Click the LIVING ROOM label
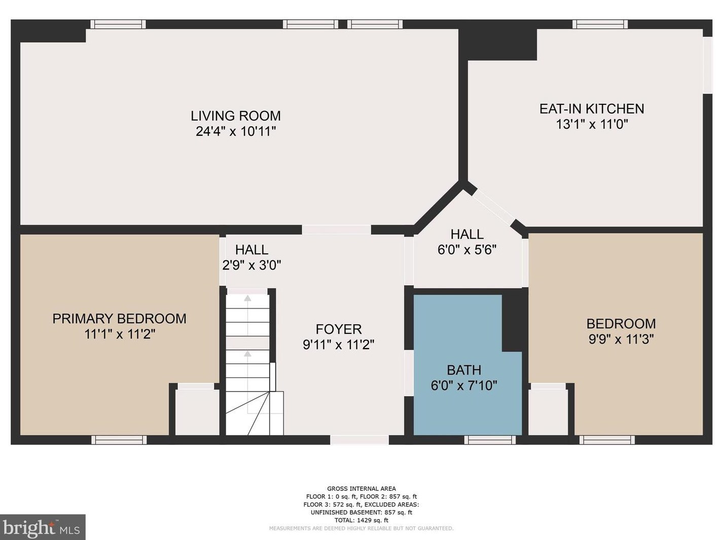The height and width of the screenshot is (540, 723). (236, 116)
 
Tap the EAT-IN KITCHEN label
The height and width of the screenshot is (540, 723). (592, 109)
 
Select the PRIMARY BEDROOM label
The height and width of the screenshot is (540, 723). (119, 319)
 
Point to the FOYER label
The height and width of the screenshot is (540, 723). (339, 329)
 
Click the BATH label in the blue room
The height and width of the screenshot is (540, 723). (464, 370)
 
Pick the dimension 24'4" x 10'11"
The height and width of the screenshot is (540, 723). (236, 132)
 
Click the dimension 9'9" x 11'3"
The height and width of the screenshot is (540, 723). (621, 339)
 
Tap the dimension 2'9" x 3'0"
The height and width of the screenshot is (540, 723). (251, 265)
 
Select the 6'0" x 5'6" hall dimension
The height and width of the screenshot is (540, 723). (467, 250)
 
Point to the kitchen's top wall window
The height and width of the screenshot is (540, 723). (600, 24)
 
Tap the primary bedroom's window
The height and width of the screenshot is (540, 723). (119, 440)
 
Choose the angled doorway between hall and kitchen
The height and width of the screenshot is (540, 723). (493, 207)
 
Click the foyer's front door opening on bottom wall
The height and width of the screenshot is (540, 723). (359, 440)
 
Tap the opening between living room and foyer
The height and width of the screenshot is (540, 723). (336, 229)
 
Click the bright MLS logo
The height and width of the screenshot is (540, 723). (43, 527)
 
